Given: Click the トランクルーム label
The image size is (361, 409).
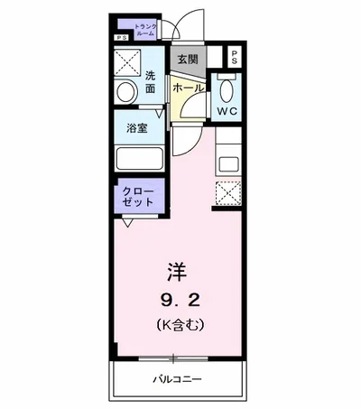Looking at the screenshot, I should coord(145,31).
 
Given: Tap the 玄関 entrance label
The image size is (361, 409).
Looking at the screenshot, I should coord(187,60).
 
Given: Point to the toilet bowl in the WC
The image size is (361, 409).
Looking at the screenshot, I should coord(227,89).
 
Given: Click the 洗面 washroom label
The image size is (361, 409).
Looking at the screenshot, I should coord(150,82).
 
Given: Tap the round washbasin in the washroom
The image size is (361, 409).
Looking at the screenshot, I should coord(125,89).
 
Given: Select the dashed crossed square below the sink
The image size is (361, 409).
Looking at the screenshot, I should coord(228,193).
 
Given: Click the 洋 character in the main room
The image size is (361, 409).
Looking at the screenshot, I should coord(177,270).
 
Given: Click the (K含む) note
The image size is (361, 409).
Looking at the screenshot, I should coord(177,322).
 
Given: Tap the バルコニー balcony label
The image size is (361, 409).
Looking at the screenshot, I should coord(177,378).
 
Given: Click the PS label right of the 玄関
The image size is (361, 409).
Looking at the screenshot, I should coord(234,59).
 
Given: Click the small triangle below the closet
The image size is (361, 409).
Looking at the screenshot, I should coord(129,222).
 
